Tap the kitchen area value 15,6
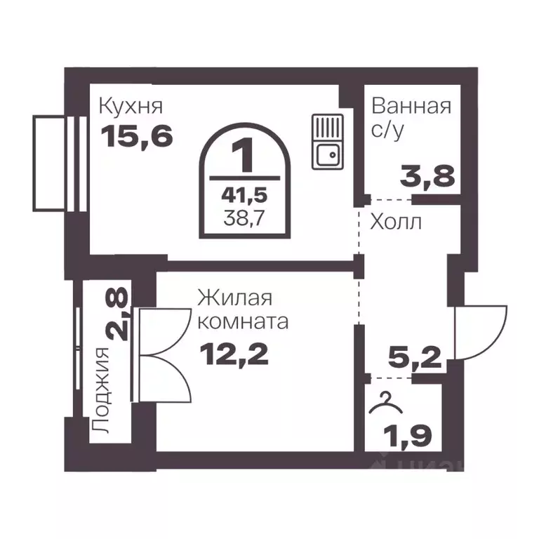point(137,135)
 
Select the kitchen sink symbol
point(326,141)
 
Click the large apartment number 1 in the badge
point(244,156)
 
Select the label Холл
point(396,223)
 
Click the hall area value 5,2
point(415,361)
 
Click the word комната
point(243,322)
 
